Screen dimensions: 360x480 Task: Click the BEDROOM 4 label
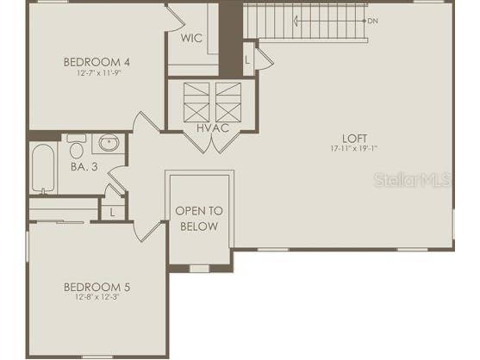point(97,61)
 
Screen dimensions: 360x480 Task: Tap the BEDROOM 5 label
point(97,287)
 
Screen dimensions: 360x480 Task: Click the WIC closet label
point(191,39)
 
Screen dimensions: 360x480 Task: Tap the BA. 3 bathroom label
point(84,167)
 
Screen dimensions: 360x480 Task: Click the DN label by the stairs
point(372,20)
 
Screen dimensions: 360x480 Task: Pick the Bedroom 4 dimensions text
point(97,73)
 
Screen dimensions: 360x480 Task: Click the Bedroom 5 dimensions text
point(97,299)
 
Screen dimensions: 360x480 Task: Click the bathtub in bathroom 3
point(41,169)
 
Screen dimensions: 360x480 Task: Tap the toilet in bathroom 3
point(76,144)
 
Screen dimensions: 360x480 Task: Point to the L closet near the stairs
point(248,59)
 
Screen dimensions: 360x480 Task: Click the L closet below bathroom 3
point(112,211)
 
